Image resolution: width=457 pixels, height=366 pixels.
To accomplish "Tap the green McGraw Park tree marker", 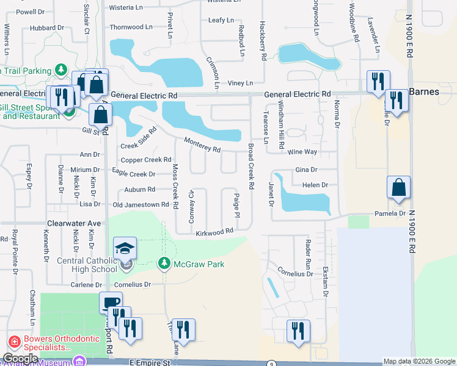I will [x=164, y=264].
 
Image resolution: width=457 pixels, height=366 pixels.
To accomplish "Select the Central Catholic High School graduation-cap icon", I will [x=125, y=248].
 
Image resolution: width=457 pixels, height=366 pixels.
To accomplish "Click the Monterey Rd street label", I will [x=202, y=145].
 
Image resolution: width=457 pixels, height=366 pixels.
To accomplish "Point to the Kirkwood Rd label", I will [x=215, y=232].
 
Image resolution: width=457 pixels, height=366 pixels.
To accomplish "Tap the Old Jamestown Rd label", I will [x=141, y=205].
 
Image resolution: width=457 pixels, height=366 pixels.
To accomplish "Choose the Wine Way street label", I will [x=303, y=151].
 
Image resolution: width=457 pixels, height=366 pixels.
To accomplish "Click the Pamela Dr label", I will [x=390, y=213].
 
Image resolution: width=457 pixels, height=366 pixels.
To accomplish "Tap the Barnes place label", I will [x=433, y=92].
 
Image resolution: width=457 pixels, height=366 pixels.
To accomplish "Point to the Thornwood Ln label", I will [x=131, y=27].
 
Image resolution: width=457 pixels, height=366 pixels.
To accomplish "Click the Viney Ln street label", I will [x=240, y=83].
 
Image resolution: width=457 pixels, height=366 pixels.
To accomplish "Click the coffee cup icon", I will [x=111, y=303].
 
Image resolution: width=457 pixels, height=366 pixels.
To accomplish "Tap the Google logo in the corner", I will [x=20, y=359].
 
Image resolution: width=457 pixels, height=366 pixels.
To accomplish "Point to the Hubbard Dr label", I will [x=46, y=28].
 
